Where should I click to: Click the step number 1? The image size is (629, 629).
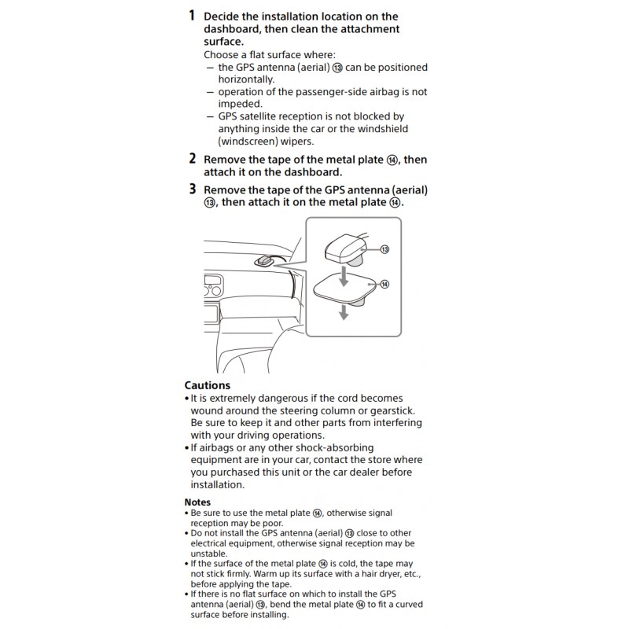pyautogui.click(x=192, y=16)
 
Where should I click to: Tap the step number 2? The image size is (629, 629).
pyautogui.click(x=192, y=158)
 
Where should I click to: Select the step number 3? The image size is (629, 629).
pyautogui.click(x=192, y=189)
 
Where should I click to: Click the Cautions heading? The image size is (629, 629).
pyautogui.click(x=207, y=385)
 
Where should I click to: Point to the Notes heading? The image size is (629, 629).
pyautogui.click(x=197, y=502)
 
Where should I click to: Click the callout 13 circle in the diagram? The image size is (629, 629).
pyautogui.click(x=384, y=249)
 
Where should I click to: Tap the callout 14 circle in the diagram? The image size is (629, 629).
pyautogui.click(x=384, y=284)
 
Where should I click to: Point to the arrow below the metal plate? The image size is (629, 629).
pyautogui.click(x=343, y=312)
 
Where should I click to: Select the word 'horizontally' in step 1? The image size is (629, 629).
pyautogui.click(x=247, y=79)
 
